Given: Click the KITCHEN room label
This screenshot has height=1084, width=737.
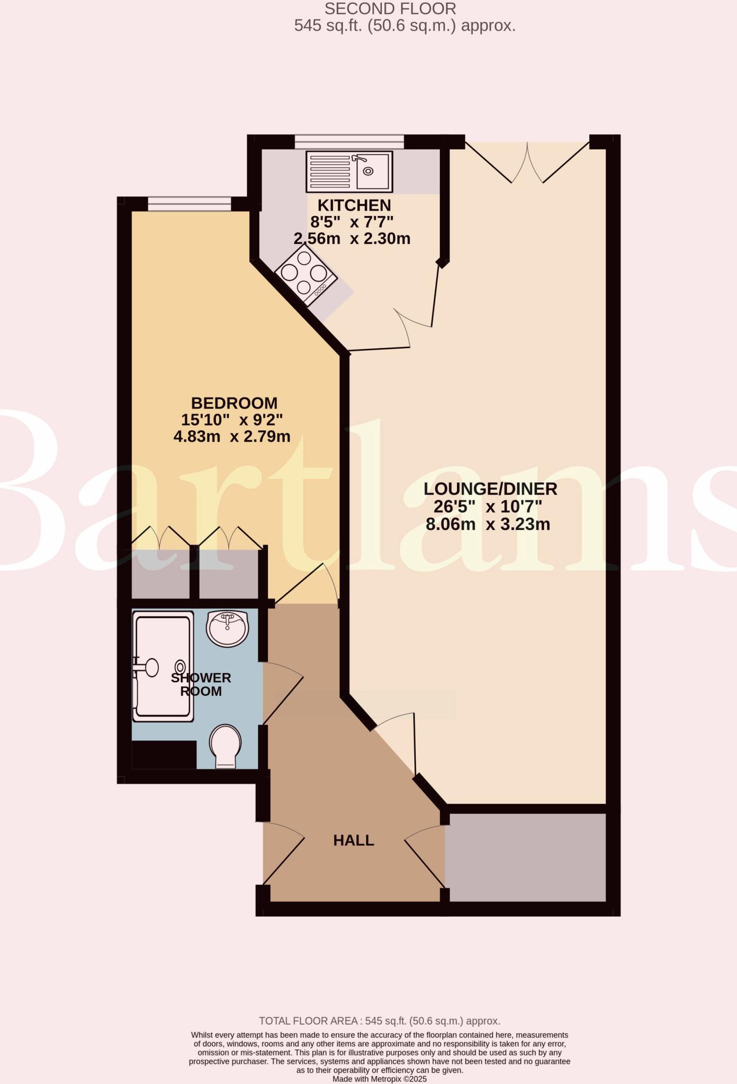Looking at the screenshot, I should point(354,205).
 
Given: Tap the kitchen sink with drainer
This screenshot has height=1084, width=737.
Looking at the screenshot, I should point(349,171).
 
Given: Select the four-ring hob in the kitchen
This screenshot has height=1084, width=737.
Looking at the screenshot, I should point(305,273).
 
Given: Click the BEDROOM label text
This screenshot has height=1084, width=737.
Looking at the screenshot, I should point(234,403).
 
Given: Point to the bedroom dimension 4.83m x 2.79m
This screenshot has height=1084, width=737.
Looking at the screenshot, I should point(232,437).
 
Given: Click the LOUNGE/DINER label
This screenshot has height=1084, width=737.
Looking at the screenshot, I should point(490,489).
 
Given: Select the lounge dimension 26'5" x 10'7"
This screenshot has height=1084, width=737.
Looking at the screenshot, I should point(488,507).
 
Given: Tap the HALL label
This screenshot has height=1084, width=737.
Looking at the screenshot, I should point(353,840).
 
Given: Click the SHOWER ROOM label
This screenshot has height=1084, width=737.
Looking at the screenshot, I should point(201,684).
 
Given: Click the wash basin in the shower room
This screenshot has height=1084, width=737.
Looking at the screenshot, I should point(227,628).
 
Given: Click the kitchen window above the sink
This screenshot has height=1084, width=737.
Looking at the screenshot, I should point(349,141).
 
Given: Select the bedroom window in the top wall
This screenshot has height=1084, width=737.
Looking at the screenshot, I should point(189,204).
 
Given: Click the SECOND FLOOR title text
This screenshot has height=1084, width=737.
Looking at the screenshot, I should point(390,9).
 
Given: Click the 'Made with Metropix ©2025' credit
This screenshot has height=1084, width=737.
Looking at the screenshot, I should point(379,1079).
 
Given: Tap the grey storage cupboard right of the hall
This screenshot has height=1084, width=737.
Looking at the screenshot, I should point(525,857).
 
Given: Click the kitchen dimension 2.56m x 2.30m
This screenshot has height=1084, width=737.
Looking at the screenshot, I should point(352,239).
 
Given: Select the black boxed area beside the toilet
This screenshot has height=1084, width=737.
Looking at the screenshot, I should point(164,754).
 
